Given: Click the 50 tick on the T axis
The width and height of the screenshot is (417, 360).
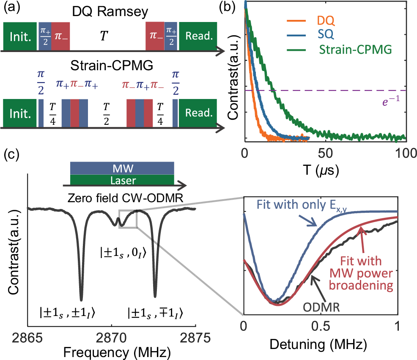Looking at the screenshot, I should pyautogui.click(x=325, y=153).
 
